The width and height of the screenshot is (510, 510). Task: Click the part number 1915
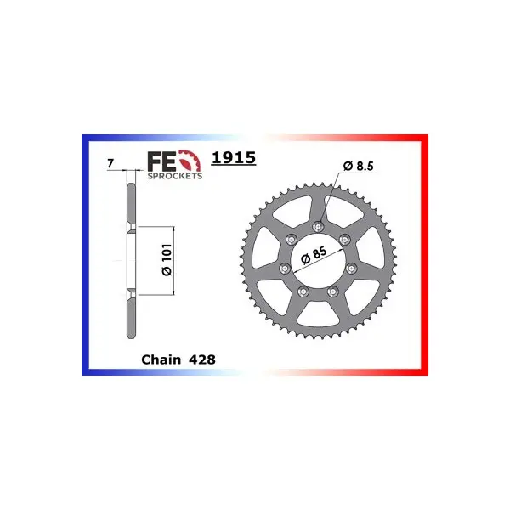pyautogui.click(x=234, y=158)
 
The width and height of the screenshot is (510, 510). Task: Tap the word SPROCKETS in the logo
pyautogui.click(x=175, y=176)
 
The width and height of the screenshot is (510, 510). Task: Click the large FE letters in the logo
pyautogui.click(x=162, y=161)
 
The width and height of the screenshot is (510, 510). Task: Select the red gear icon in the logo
pyautogui.click(x=190, y=161)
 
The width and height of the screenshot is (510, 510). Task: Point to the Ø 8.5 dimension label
pyautogui.click(x=359, y=167)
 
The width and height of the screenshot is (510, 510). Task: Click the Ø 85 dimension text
pyautogui.click(x=314, y=255)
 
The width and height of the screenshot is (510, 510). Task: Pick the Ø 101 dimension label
pyautogui.click(x=167, y=260)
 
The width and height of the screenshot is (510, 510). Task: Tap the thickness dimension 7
pyautogui.click(x=110, y=163)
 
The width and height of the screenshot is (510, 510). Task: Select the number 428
pyautogui.click(x=201, y=360)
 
